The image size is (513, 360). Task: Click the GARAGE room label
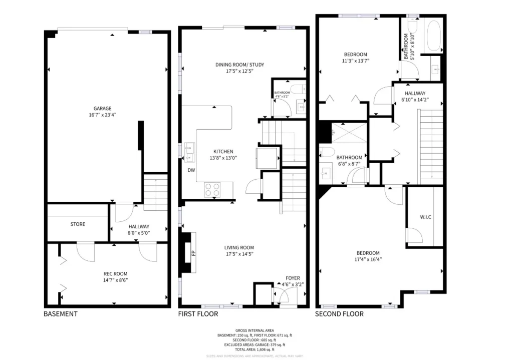pos(102,108)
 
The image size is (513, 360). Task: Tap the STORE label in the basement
pos(78,224)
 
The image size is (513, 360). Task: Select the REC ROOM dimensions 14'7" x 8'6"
pos(115,280)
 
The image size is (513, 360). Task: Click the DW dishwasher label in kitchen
pos(191,170)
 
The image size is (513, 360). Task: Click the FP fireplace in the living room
pos(192,253)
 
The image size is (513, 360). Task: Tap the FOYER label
pos(293,278)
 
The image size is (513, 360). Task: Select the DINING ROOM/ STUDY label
pos(239,65)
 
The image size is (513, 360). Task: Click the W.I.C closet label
pos(425,217)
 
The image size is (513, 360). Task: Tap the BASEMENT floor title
pos(61,314)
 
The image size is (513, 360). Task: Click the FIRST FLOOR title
pos(198,314)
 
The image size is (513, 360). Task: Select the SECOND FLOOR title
pos(339,314)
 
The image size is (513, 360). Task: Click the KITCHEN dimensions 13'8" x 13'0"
pos(223,158)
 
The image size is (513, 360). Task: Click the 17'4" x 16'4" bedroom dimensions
pos(368,259)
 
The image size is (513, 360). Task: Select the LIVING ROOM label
pos(239,247)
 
